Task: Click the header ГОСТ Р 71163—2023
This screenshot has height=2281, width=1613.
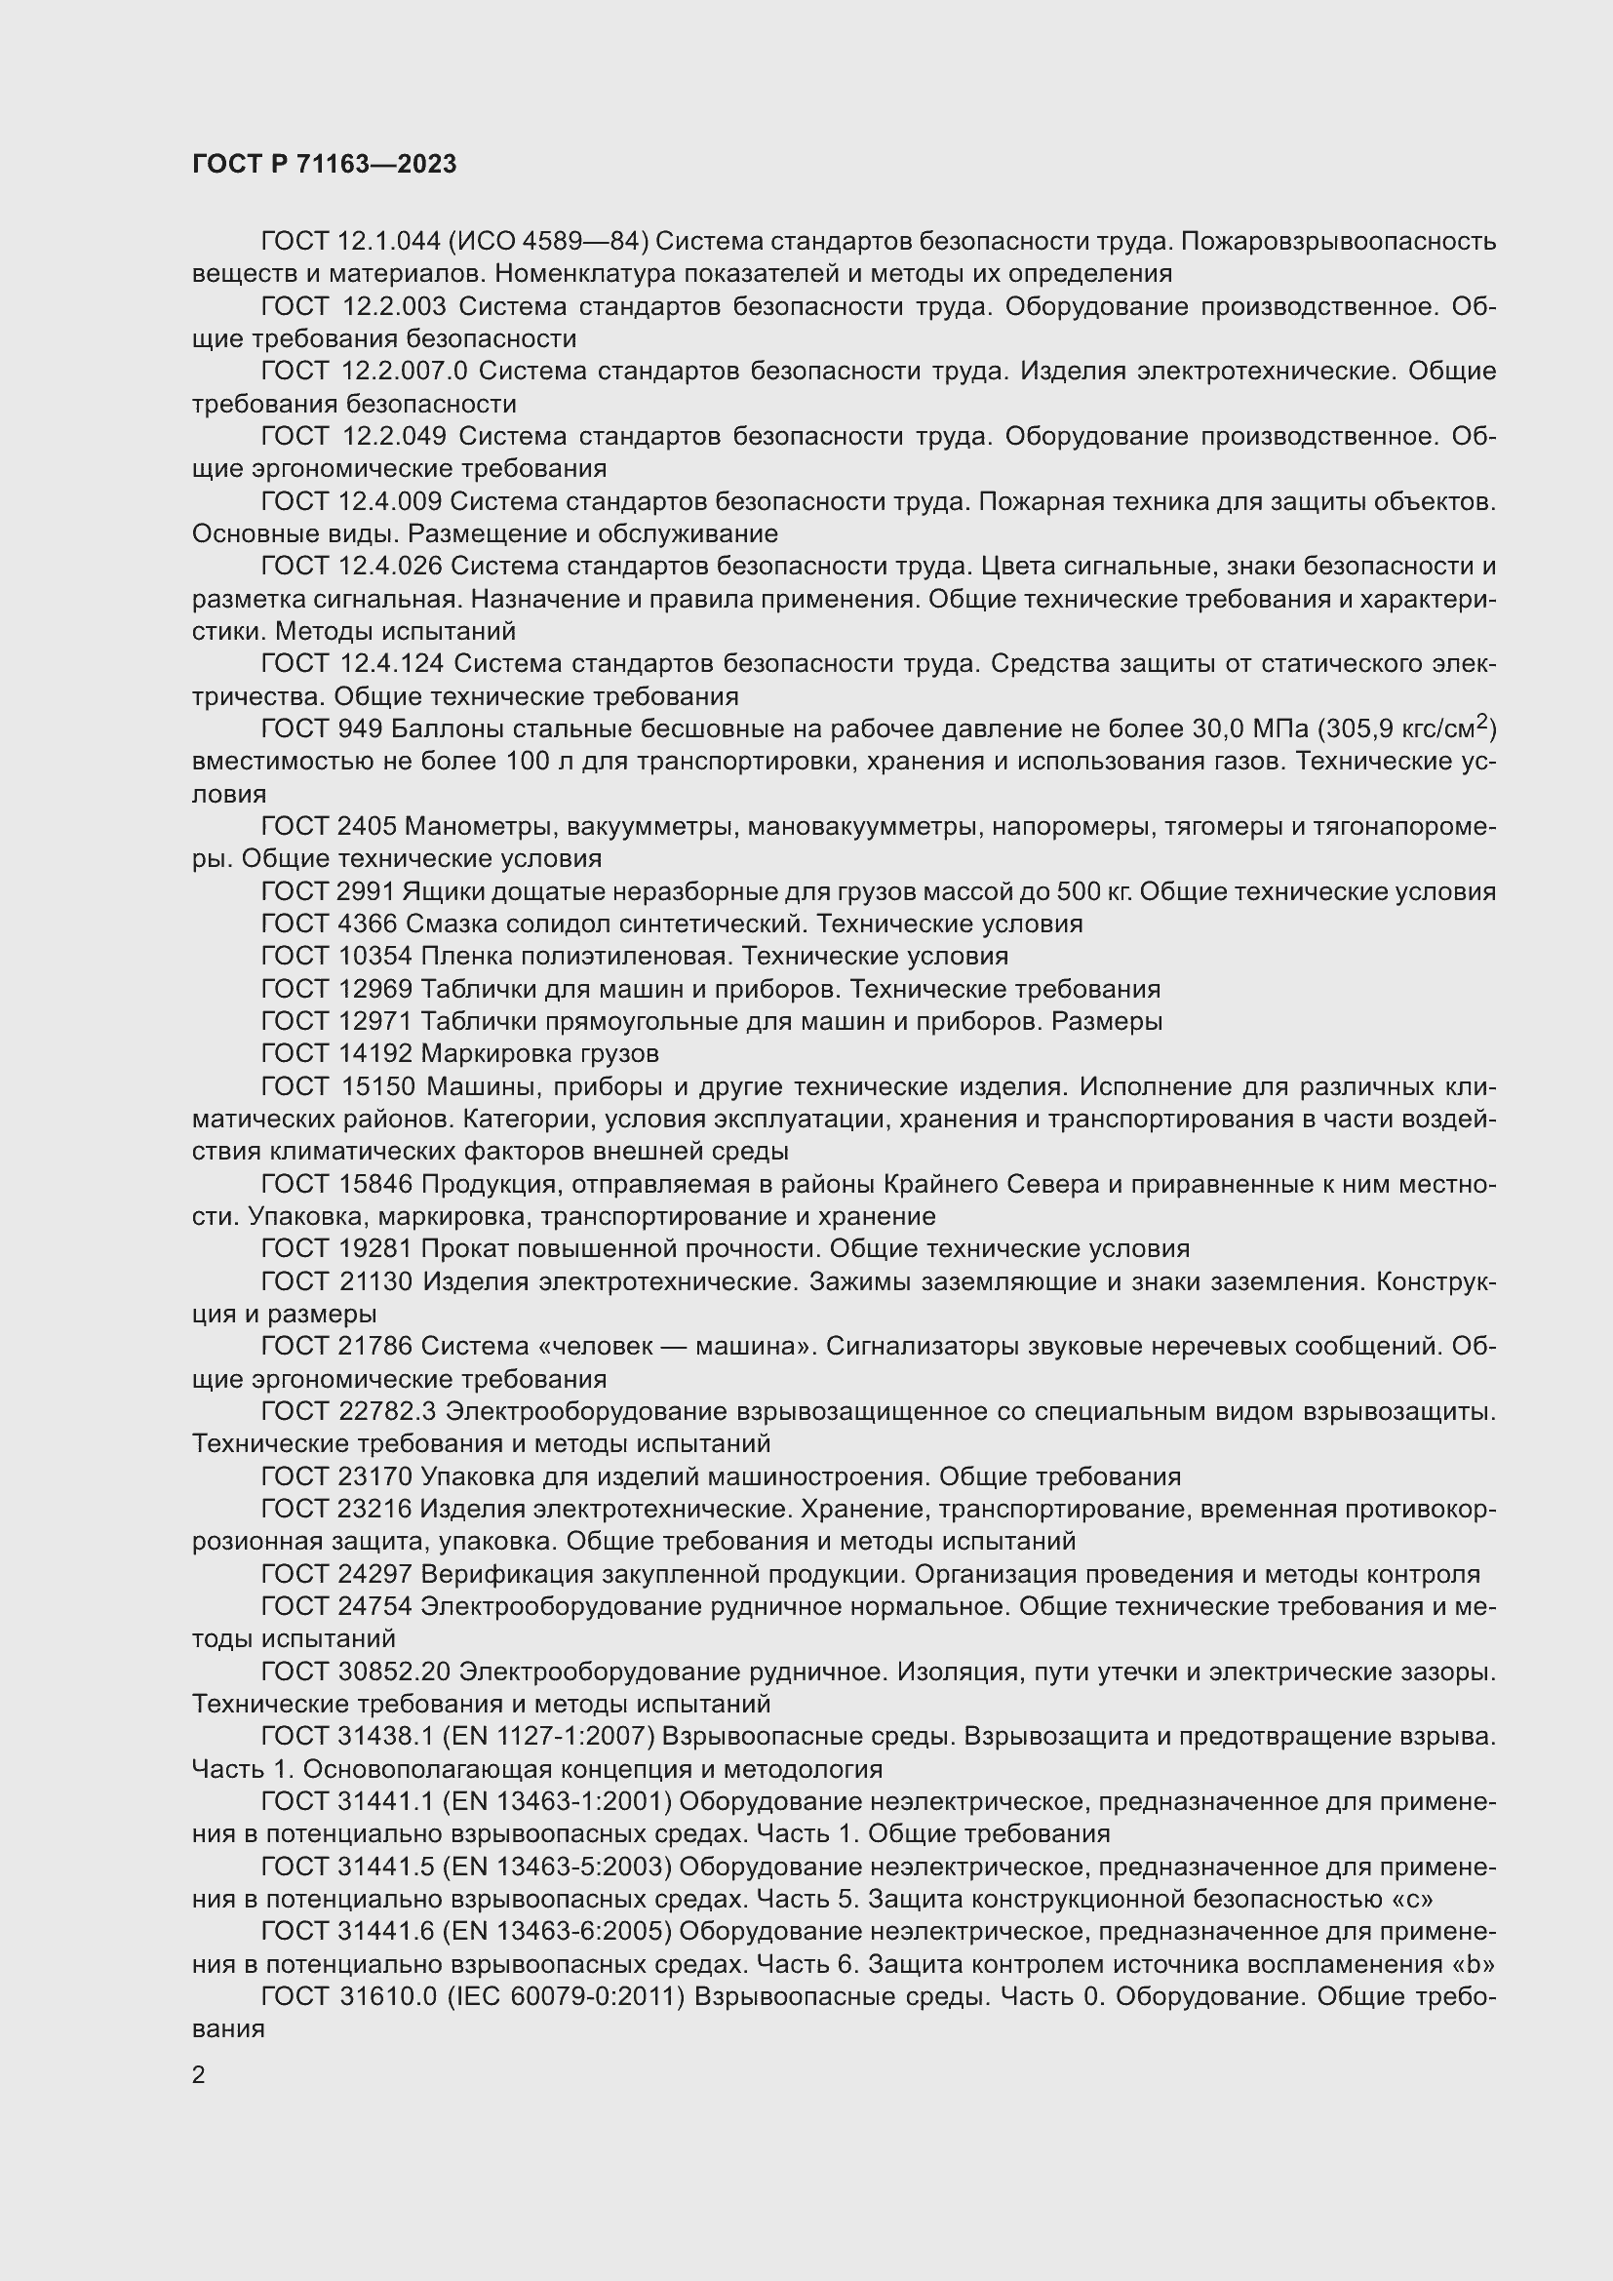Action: coord(324,164)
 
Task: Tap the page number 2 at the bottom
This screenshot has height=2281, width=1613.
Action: coord(199,2075)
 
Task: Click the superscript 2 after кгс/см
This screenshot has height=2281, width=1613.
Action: coord(1482,722)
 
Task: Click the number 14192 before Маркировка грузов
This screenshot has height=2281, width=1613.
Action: coord(374,1053)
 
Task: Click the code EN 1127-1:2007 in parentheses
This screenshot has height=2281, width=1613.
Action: coord(553,1737)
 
